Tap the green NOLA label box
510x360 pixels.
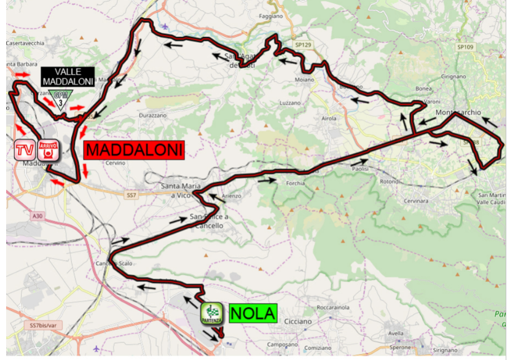click(253, 313)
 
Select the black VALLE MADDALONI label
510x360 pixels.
click(68, 76)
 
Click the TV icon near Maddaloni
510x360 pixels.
click(25, 149)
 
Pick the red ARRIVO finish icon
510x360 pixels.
click(47, 149)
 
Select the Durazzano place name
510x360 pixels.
click(153, 115)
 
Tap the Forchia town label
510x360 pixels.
click(296, 183)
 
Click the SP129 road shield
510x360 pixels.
click(302, 45)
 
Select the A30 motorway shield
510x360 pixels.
click(37, 216)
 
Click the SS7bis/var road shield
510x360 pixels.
click(42, 325)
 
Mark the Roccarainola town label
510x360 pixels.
click(332, 307)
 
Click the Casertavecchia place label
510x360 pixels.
click(25, 44)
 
